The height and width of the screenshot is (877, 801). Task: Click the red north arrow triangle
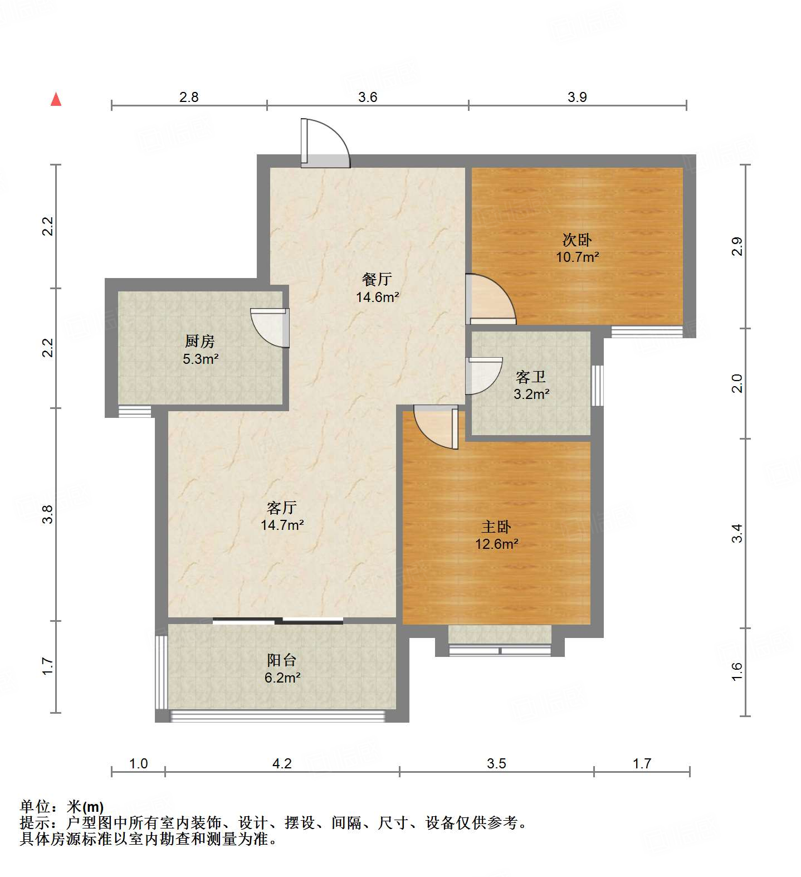56,99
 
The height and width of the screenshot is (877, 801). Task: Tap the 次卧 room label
577,240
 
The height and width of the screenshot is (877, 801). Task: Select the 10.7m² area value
577,257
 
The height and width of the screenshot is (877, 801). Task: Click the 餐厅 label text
377,280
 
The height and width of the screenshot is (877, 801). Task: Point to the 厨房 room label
200,341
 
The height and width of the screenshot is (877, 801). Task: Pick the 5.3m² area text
200,359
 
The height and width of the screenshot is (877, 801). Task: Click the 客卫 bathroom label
530,377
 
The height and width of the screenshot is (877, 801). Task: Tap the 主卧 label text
496,527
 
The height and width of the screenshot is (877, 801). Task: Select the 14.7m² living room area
282,525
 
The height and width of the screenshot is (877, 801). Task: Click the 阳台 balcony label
281,660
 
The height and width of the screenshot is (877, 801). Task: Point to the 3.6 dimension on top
368,98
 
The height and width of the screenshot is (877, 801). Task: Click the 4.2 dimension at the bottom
282,763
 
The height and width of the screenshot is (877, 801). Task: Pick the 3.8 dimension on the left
48,514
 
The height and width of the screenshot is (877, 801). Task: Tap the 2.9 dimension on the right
737,246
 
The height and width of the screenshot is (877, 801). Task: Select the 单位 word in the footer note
35,806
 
